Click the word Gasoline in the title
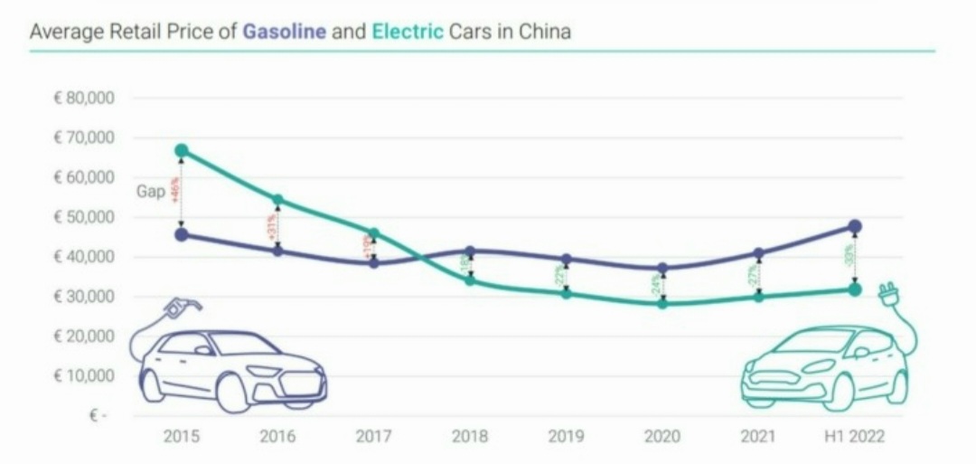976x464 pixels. pyautogui.click(x=284, y=32)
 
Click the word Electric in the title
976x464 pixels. pyautogui.click(x=407, y=32)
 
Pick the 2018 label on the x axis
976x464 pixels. pyautogui.click(x=470, y=437)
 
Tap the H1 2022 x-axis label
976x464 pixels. pyautogui.click(x=855, y=437)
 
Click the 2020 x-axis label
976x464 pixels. pyautogui.click(x=662, y=437)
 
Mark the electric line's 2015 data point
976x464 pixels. pyautogui.click(x=182, y=150)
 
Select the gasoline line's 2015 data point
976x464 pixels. pyautogui.click(x=182, y=234)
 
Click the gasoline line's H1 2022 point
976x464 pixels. pyautogui.click(x=855, y=226)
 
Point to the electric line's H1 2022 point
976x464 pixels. pyautogui.click(x=855, y=289)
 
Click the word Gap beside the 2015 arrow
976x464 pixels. pyautogui.click(x=150, y=192)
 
